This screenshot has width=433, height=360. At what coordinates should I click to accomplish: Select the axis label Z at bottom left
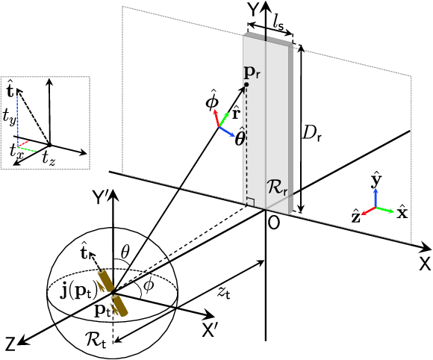point(10,344)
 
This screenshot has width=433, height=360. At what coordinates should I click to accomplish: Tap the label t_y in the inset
point(10,114)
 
